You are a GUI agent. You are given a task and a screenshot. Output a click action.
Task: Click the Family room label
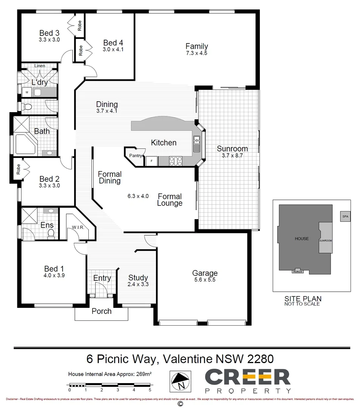click(196, 46)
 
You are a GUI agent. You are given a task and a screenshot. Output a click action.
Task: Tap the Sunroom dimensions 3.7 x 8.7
click(232, 155)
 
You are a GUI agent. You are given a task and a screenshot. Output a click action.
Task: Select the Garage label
click(205, 273)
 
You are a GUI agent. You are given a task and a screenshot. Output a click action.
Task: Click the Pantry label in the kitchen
click(135, 155)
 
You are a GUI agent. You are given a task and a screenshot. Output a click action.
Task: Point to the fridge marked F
click(151, 161)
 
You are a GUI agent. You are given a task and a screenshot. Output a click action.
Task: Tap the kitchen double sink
click(197, 144)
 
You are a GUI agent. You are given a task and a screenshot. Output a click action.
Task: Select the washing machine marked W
click(27, 92)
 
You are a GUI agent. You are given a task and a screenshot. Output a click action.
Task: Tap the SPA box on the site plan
click(345, 216)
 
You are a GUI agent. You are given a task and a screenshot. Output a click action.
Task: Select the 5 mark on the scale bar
click(150, 389)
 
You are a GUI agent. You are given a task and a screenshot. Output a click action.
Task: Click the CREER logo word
click(247, 377)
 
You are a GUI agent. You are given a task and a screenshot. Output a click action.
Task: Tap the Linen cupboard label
click(40, 66)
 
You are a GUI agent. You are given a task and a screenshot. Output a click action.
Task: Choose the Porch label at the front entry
click(102, 311)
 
